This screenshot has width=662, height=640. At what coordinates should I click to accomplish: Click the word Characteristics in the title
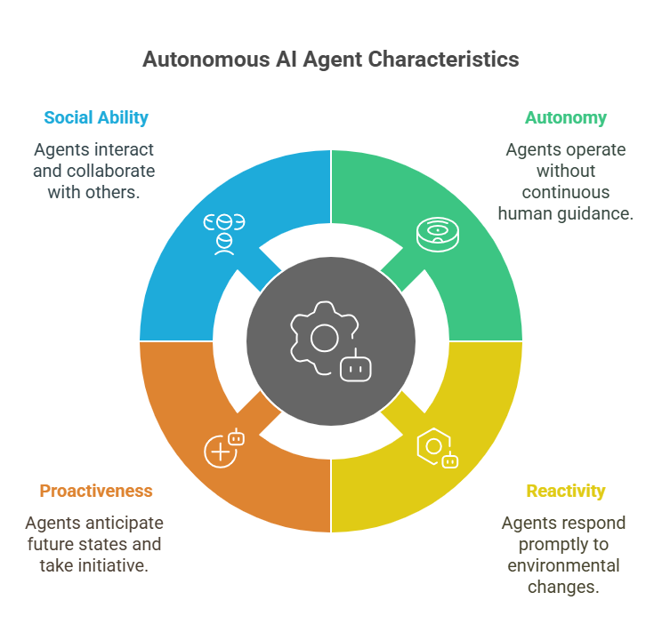443,59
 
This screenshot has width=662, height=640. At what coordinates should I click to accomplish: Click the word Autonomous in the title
206,59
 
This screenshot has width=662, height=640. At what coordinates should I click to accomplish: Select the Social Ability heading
96,117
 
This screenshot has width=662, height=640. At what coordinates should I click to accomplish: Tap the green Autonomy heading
566,117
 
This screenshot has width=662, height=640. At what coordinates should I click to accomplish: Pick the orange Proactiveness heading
96,491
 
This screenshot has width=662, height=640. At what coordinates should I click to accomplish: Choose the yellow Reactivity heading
566,491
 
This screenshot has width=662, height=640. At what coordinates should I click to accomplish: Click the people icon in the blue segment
224,234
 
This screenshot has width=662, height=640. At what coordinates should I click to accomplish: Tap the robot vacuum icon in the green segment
438,235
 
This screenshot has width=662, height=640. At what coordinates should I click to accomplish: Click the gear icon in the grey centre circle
322,338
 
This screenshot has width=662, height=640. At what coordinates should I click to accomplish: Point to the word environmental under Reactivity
563,565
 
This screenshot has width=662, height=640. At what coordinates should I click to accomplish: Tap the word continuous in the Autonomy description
566,192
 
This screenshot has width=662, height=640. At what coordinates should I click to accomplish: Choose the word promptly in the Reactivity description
553,545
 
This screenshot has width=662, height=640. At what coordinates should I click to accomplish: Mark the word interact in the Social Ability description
125,149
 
